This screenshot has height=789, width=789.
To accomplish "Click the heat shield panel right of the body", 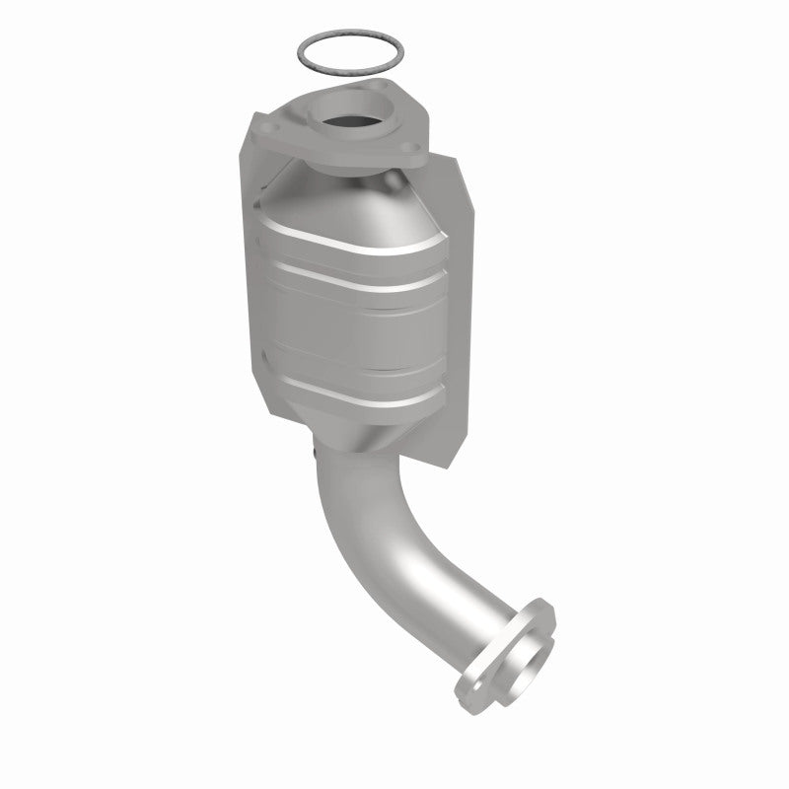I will [464, 296].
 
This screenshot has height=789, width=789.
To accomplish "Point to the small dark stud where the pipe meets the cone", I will [313, 454].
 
